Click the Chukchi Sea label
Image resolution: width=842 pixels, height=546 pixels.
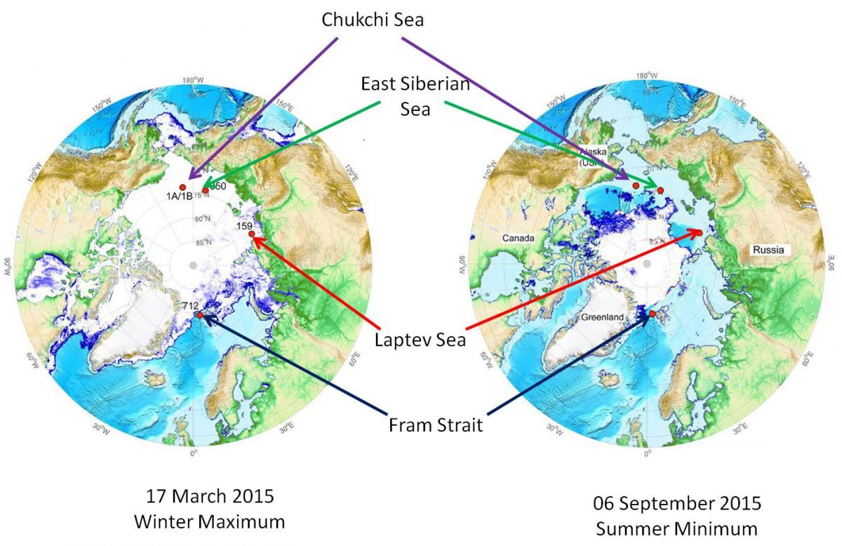tap(373, 20)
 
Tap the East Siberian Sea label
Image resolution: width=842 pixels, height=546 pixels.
tap(415, 96)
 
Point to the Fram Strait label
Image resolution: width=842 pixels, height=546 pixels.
tap(435, 425)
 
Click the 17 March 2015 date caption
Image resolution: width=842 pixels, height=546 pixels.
tap(210, 498)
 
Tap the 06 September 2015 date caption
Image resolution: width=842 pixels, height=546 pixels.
tap(677, 503)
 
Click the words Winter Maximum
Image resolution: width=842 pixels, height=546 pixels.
tap(210, 521)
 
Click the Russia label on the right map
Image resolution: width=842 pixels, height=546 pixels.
tap(767, 250)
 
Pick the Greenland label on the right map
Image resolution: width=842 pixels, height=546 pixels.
tap(603, 317)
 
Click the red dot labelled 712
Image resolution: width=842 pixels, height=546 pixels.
tap(201, 315)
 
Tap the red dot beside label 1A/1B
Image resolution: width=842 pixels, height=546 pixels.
tap(182, 187)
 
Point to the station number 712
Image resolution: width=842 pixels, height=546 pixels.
tap(190, 306)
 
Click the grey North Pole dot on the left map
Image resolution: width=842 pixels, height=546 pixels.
tap(193, 265)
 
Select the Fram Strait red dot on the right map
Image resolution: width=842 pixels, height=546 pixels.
tap(653, 313)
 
